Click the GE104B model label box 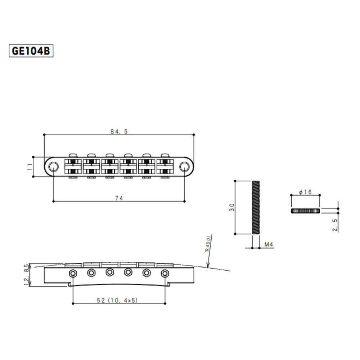coord(31,51)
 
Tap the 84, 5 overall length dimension coord(119,132)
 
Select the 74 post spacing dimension coord(119,198)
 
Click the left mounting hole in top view coord(53,166)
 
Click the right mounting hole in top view coord(185,166)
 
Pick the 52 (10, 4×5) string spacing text coord(119,300)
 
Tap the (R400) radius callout coord(209,245)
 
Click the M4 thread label coord(269,244)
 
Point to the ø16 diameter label coord(305,192)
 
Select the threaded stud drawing coord(256,207)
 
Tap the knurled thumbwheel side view coord(305,211)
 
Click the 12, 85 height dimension coord(26,275)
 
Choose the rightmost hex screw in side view coord(165,273)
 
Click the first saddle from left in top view coord(73,166)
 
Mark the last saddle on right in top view coord(165,166)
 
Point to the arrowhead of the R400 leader coord(207,266)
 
